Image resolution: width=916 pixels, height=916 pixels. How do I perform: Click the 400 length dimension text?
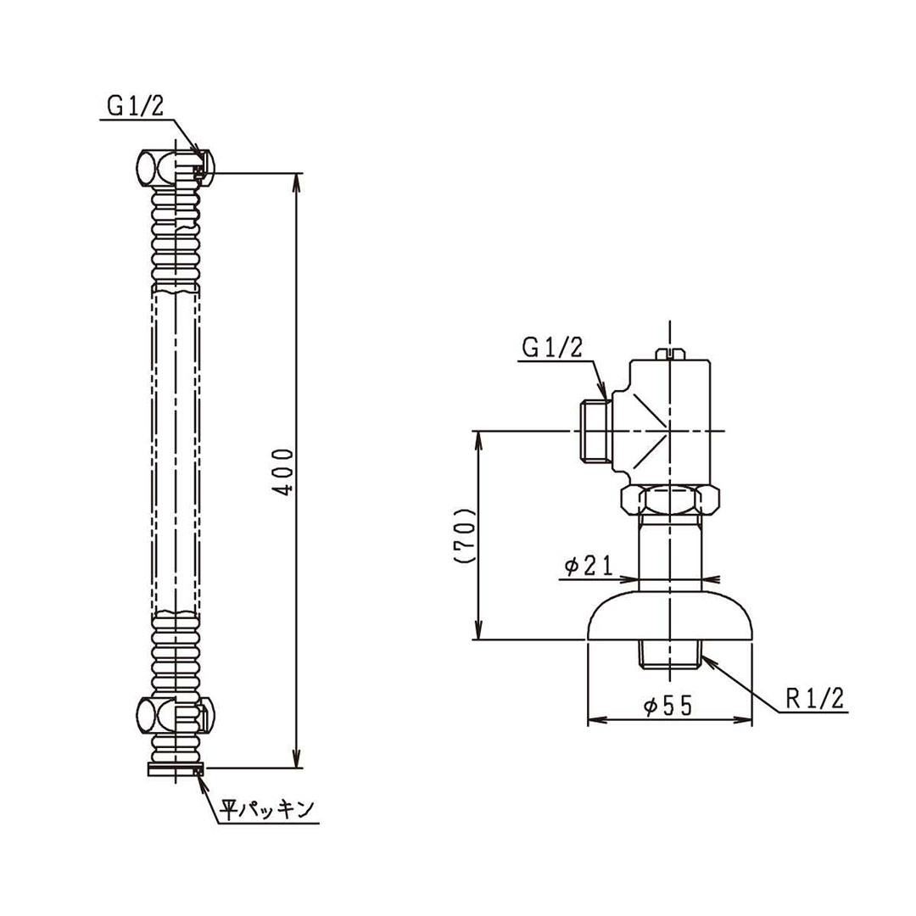tap(288, 472)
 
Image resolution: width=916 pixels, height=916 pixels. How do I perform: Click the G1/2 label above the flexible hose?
tap(135, 105)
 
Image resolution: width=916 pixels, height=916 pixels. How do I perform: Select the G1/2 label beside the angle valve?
tap(551, 347)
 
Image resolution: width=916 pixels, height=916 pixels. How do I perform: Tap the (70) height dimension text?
tap(463, 536)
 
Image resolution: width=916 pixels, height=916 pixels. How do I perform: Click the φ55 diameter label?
tap(669, 705)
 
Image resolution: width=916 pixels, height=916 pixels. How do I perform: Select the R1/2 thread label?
tap(814, 698)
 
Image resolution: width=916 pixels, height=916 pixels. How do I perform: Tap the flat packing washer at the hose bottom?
tap(176, 769)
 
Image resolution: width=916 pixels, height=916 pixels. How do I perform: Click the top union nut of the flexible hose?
tap(175, 167)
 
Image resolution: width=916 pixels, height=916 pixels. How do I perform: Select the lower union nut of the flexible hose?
tap(175, 713)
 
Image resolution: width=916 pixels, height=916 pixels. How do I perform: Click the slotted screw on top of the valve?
tap(670, 352)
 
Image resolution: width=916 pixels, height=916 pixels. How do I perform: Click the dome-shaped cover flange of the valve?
tap(670, 617)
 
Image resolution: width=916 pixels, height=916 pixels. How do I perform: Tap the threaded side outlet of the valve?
tap(595, 432)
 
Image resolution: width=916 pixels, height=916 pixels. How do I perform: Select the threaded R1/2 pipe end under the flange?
tap(670, 654)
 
